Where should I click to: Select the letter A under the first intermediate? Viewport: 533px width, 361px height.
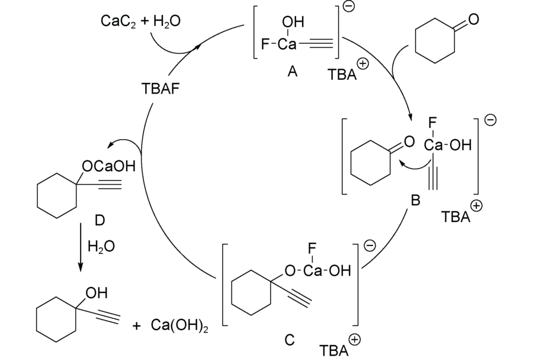coord(292,72)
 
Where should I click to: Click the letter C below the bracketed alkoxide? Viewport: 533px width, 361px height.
coord(289,340)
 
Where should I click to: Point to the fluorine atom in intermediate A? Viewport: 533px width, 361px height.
coord(265,44)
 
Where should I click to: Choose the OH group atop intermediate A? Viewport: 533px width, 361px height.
coord(293,22)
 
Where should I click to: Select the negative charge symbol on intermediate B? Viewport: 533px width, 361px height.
coord(490,120)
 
